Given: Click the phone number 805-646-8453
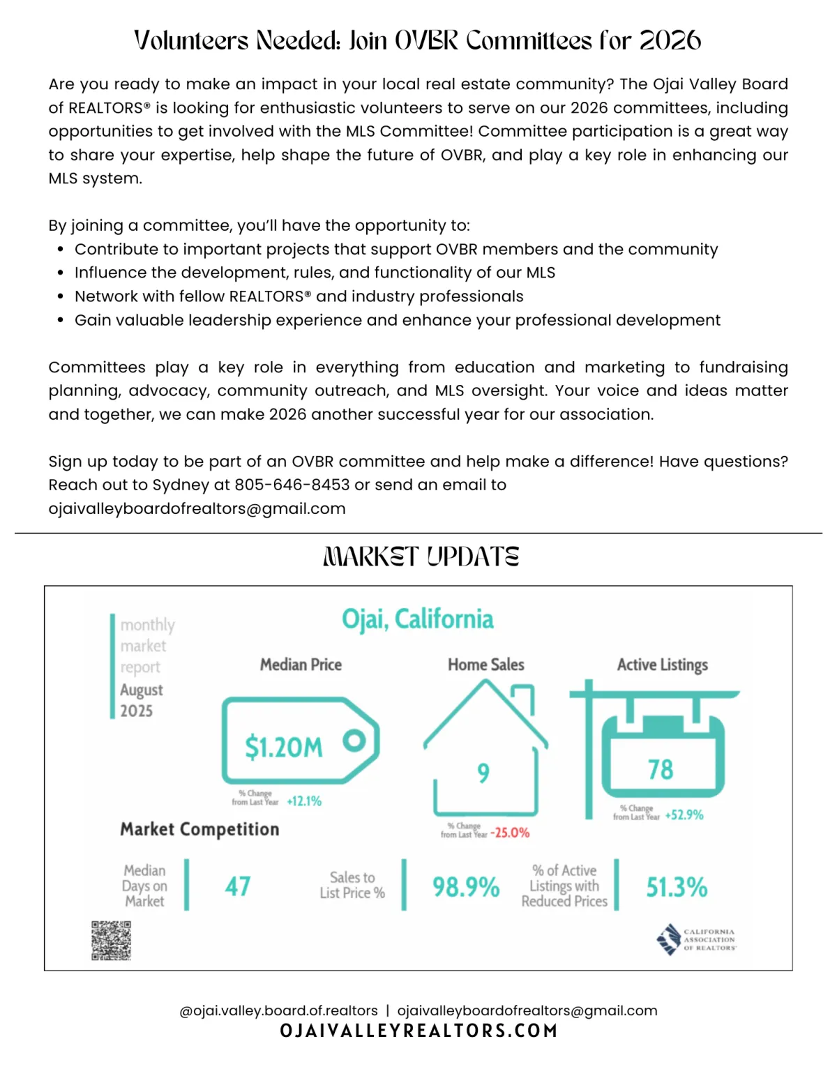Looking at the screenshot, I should point(292,485).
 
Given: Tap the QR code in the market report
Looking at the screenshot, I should point(111,940).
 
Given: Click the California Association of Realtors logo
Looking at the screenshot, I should point(696,939).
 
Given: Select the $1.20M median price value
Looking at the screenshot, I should point(283,747).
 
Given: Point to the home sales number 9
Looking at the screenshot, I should point(483,773).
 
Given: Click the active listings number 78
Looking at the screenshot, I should point(660,770).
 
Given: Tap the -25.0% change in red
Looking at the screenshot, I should point(510,833).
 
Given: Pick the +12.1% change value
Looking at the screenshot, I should point(304,801).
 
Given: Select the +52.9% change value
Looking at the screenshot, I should point(684,815).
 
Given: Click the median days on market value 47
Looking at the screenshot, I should point(237,886).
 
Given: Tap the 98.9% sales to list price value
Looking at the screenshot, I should point(466,887).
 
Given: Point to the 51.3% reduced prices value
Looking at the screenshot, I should point(676,887).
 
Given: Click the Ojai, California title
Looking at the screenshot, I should point(418,619).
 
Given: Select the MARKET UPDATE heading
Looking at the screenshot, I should point(421,556).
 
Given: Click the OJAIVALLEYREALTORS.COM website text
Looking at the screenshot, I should point(418,1031).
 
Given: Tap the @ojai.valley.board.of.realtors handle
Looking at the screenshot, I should point(278,1010).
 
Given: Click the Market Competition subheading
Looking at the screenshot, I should point(199,829).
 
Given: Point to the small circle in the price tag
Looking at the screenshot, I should point(354,741).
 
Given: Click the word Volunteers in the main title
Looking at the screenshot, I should point(190,40).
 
